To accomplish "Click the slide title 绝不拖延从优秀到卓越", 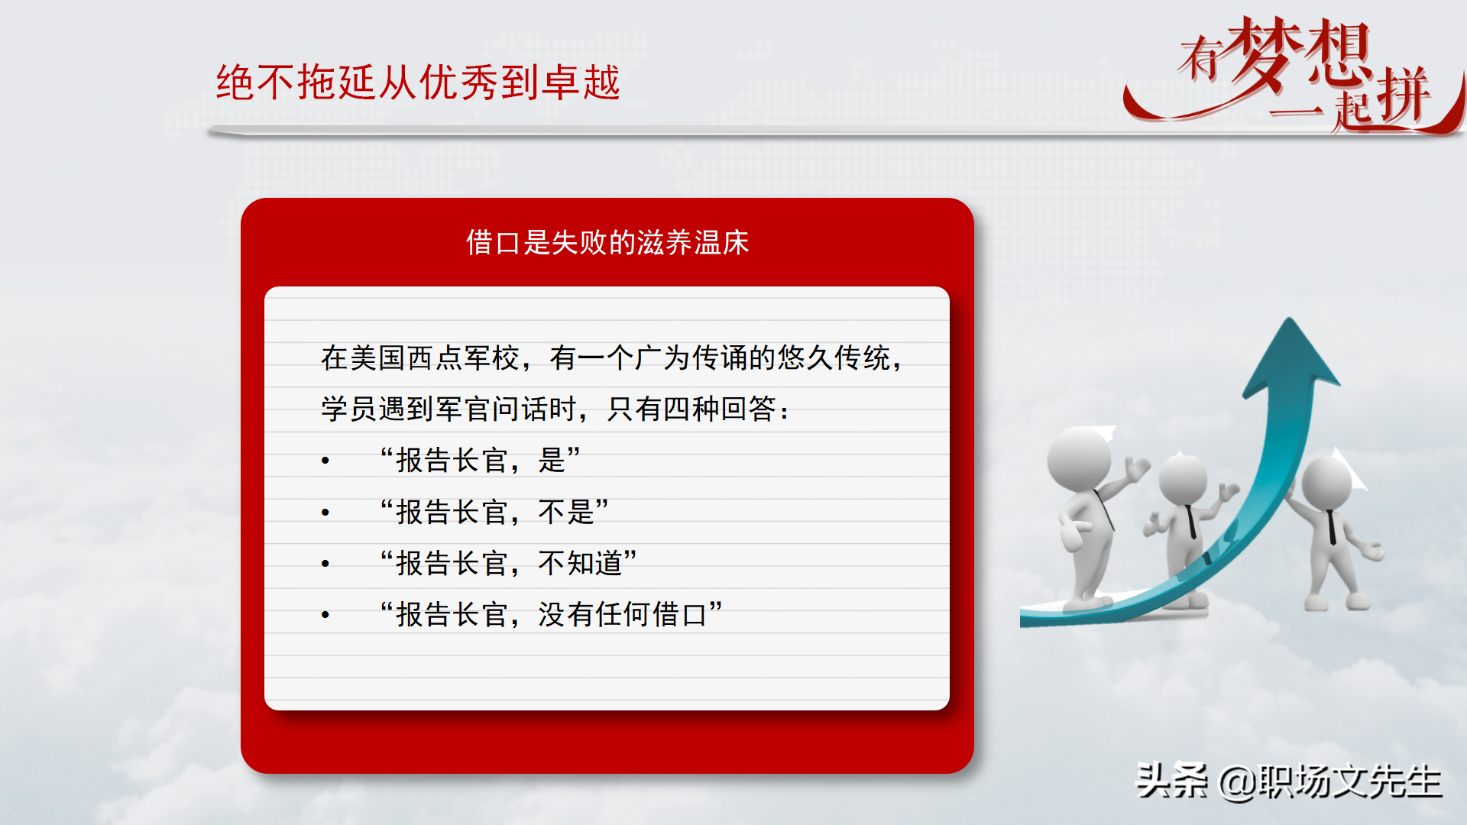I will pyautogui.click(x=417, y=82).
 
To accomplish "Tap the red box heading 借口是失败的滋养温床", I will pyautogui.click(x=607, y=243).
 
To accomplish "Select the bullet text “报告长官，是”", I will pyautogui.click(x=480, y=461).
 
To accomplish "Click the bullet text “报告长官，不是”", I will pyautogui.click(x=494, y=512).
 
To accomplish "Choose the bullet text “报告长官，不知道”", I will pyautogui.click(x=508, y=564).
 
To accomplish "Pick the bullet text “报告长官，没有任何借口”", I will pyautogui.click(x=551, y=614).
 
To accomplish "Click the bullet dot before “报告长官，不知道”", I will pyautogui.click(x=325, y=564).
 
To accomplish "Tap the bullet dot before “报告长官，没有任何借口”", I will pyautogui.click(x=325, y=615).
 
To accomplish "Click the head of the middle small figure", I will pyautogui.click(x=1182, y=480).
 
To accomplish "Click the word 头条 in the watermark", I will pyautogui.click(x=1171, y=781).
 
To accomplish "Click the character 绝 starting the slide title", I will pyautogui.click(x=235, y=82).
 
